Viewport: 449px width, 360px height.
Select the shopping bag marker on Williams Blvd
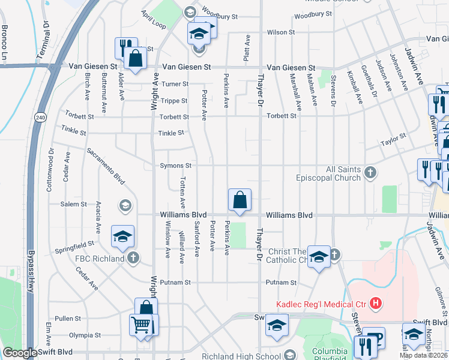click(240, 200)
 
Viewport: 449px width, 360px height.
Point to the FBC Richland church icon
click(133, 259)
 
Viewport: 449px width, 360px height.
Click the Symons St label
click(175, 166)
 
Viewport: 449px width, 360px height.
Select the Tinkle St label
click(170, 133)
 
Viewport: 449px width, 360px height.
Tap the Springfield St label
click(75, 245)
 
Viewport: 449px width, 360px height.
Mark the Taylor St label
click(393, 140)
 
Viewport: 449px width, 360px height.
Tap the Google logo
click(20, 353)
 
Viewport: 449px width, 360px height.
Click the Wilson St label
click(281, 32)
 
